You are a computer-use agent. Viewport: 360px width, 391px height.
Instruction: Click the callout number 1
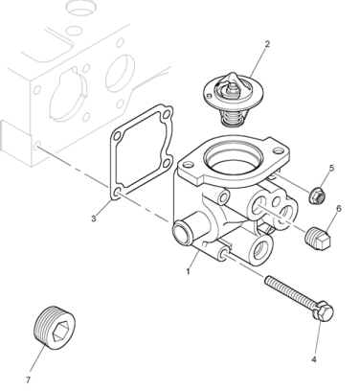point(188,271)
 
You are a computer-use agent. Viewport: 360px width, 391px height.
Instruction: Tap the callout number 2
point(267,44)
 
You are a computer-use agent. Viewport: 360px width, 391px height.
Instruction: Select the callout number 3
point(94,218)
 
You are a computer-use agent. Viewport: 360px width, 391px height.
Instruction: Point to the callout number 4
point(314,359)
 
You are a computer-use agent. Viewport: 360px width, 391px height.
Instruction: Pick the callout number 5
point(331,168)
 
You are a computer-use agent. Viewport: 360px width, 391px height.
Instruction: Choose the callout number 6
point(339,208)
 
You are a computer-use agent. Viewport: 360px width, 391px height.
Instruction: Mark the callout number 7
point(28,379)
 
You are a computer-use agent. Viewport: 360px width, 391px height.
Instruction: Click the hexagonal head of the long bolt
point(323,310)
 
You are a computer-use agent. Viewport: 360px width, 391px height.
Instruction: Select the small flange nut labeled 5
point(317,195)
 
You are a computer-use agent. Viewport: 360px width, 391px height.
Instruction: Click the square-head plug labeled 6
point(317,238)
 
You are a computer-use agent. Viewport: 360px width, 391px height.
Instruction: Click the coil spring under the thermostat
point(233,118)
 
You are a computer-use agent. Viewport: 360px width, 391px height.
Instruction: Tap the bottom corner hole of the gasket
point(117,192)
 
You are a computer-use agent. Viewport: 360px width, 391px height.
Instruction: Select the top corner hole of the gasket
point(166,114)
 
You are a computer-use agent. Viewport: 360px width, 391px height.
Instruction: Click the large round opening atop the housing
point(234,159)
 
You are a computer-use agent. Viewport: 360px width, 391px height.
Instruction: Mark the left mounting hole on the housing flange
point(189,165)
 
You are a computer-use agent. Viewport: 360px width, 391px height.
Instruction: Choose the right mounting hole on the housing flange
point(278,149)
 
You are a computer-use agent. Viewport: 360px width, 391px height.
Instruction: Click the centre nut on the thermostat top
point(231,92)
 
